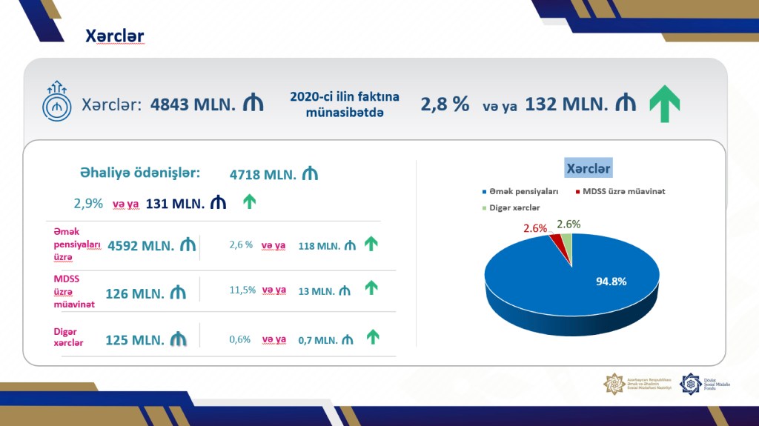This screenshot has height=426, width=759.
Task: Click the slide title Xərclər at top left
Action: [x=114, y=36]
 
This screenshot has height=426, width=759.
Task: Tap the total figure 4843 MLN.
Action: [x=193, y=104]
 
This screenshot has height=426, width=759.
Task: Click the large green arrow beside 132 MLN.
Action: [x=664, y=104]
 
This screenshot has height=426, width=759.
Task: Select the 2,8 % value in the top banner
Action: [x=445, y=104]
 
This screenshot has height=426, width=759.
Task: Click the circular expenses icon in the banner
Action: [x=56, y=105]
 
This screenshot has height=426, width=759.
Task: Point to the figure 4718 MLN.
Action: [x=263, y=175]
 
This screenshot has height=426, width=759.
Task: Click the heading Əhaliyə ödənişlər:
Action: [x=140, y=173]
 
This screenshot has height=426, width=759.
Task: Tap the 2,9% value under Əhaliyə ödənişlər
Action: [x=88, y=203]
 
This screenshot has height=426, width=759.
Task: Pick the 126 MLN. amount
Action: [x=135, y=293]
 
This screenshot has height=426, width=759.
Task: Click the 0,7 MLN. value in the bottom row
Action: [x=317, y=340]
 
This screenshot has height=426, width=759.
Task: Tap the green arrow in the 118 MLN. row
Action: [x=371, y=244]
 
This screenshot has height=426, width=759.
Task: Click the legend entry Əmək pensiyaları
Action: [x=519, y=191]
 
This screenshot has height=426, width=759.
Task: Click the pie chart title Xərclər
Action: [x=589, y=168]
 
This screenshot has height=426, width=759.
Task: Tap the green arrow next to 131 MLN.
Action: [x=250, y=202]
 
